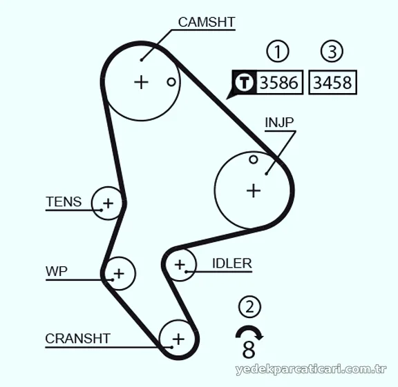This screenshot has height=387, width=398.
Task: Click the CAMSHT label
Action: [207, 22]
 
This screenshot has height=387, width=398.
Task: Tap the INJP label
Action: [279, 122]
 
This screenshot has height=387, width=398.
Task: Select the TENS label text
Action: [64, 201]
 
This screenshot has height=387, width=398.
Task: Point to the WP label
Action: [57, 271]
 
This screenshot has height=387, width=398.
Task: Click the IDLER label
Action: [232, 264]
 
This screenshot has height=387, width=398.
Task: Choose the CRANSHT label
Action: [77, 338]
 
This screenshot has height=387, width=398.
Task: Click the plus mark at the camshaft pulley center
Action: [141, 82]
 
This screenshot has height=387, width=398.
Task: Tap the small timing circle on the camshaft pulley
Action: [171, 82]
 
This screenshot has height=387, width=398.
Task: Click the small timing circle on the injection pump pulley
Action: [254, 159]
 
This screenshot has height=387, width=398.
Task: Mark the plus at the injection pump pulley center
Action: [254, 190]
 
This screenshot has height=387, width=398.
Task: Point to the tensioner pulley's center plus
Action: [108, 204]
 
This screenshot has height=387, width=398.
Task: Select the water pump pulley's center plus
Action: [119, 273]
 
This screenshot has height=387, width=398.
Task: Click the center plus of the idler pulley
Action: [180, 265]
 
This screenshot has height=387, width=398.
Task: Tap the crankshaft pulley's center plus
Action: [178, 339]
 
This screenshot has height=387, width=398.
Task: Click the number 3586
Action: [279, 83]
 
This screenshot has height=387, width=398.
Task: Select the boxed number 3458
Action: [332, 83]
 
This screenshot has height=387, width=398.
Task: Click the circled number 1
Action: [278, 51]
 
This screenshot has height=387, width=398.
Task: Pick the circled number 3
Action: [332, 51]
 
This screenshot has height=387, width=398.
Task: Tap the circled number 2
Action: [249, 307]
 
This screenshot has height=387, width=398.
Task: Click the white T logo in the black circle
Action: [244, 82]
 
